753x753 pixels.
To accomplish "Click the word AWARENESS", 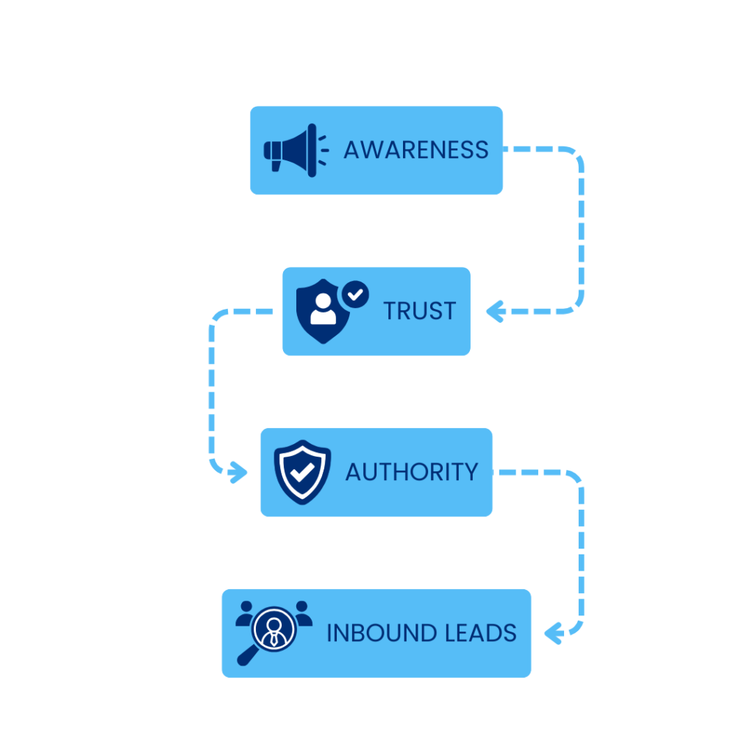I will tap(415, 150).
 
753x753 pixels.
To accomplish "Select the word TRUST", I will tap(419, 311).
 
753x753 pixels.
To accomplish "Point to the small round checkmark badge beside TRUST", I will tap(355, 295).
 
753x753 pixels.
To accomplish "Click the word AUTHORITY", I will tap(412, 472).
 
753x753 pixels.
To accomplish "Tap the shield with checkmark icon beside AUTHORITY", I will tap(301, 472).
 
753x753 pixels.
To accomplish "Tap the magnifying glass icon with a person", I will tap(272, 632).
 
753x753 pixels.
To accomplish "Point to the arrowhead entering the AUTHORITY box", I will tap(238, 472).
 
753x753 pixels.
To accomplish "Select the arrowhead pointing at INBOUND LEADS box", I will tap(553, 632).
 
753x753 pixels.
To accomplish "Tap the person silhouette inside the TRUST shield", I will tap(321, 312).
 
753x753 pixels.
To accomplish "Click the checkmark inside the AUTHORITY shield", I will tap(301, 472).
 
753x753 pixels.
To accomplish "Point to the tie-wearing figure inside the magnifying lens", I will tap(274, 630).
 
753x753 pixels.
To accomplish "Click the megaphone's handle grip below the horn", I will tap(276, 165).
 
